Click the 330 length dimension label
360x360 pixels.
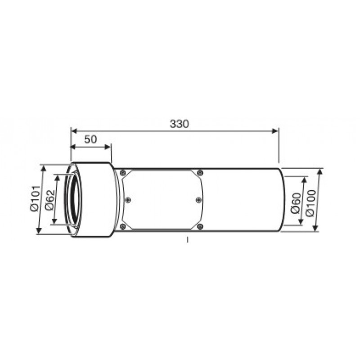coord(179,124)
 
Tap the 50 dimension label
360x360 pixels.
coord(91,139)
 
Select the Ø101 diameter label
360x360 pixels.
coord(35,199)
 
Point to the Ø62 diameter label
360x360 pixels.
coord(50,200)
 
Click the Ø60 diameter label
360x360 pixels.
coord(296,203)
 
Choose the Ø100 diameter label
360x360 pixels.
coord(310,203)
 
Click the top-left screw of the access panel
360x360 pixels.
coord(123,172)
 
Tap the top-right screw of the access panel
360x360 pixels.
coord(200,172)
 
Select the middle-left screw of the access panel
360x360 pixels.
coord(128,200)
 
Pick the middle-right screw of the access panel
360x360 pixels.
coord(199,200)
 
